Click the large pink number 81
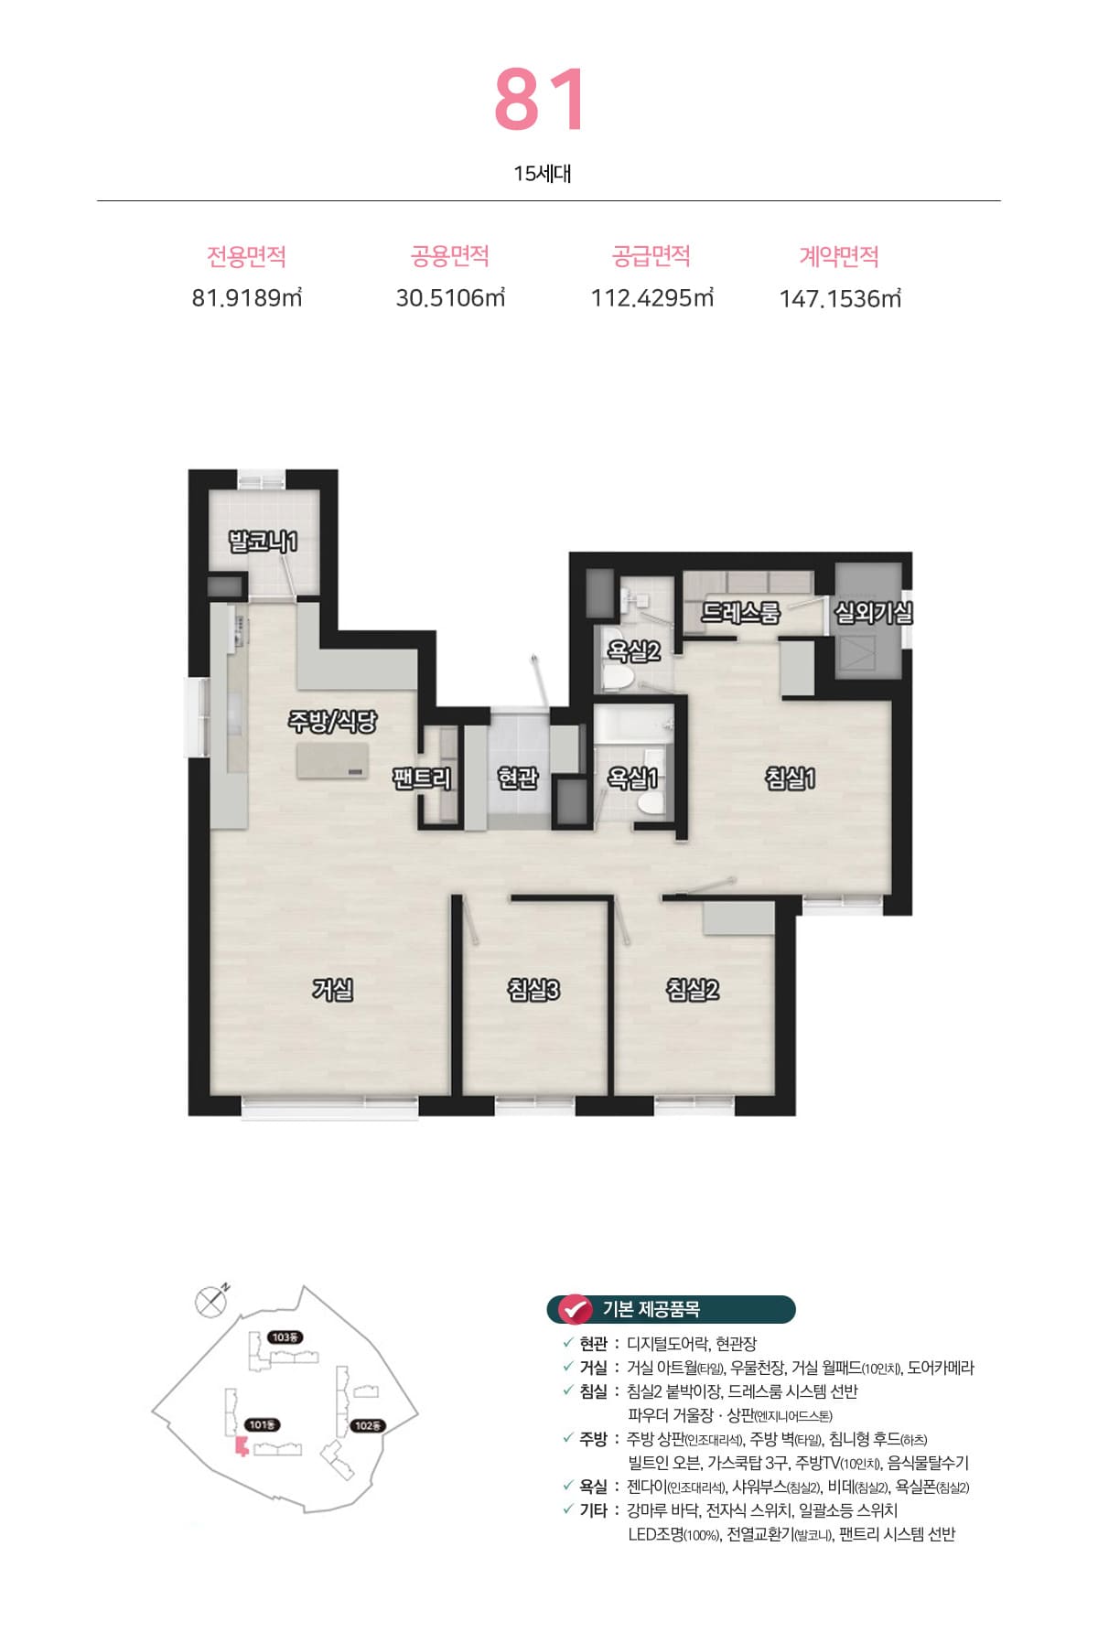540,100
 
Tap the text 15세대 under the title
543,174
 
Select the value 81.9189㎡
247,298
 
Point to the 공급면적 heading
651,256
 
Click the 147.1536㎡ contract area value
840,299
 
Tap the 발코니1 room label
263,542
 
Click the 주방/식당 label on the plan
332,722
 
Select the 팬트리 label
422,778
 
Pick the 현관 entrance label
518,778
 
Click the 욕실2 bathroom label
634,651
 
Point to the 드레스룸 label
740,612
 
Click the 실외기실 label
873,612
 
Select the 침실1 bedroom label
790,778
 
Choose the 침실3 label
533,990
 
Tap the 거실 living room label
333,990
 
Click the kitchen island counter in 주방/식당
332,761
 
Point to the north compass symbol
211,1300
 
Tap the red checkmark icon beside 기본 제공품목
575,1309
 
